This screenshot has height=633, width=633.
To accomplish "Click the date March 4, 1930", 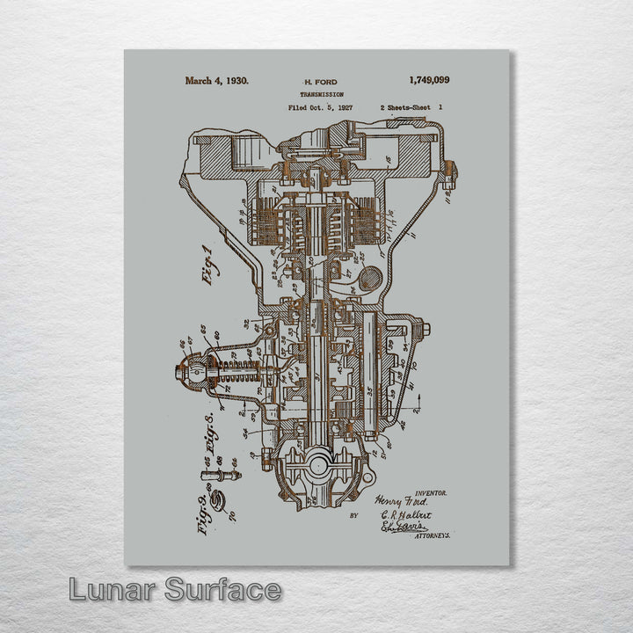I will tap(216, 80).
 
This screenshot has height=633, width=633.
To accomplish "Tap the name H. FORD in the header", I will tap(319, 82).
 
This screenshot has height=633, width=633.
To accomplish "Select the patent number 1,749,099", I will tap(429, 80).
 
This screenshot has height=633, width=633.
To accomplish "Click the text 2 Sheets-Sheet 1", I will tap(411, 107).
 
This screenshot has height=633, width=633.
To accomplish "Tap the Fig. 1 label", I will tap(209, 264).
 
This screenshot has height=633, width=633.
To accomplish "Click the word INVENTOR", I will tap(430, 494).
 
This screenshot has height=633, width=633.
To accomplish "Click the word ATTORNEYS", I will tap(432, 535).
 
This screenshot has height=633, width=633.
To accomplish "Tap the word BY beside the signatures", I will tap(353, 516).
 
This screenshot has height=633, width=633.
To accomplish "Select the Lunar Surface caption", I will tap(175, 590).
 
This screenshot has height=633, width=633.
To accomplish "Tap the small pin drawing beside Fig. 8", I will tap(221, 475).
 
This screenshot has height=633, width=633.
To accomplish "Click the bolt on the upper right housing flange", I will tap(449, 171).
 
